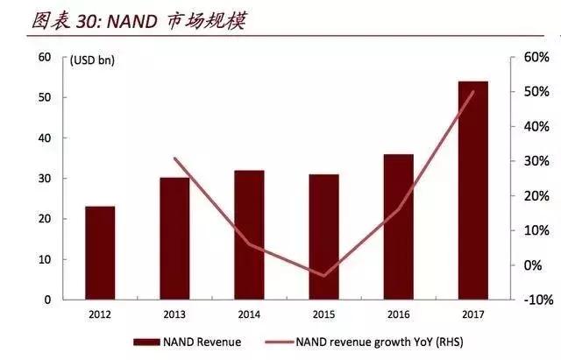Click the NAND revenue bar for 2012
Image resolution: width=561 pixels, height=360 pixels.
100,253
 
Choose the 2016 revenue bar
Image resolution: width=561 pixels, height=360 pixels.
398,227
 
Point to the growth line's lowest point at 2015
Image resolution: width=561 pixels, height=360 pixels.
324,276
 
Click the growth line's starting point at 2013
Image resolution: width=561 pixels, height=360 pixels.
174,159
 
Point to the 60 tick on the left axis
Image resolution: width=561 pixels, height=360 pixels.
44,58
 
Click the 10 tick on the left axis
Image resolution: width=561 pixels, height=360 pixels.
44,260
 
